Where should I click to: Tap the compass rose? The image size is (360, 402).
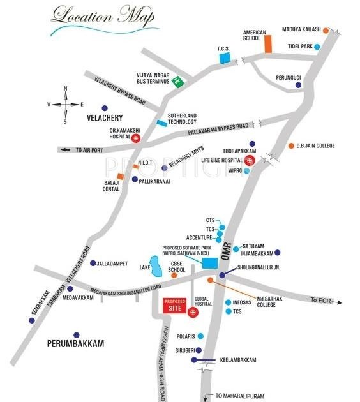(x=64, y=103)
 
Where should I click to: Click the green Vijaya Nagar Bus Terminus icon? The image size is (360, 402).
(x=179, y=82)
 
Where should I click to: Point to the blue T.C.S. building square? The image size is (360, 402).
(x=223, y=58)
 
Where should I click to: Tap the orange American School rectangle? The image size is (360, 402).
(x=269, y=44)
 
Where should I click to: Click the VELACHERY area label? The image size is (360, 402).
(x=103, y=118)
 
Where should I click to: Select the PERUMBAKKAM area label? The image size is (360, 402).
(x=75, y=344)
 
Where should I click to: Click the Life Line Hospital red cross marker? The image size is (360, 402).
(x=250, y=160)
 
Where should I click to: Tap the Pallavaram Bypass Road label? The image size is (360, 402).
(x=218, y=130)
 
